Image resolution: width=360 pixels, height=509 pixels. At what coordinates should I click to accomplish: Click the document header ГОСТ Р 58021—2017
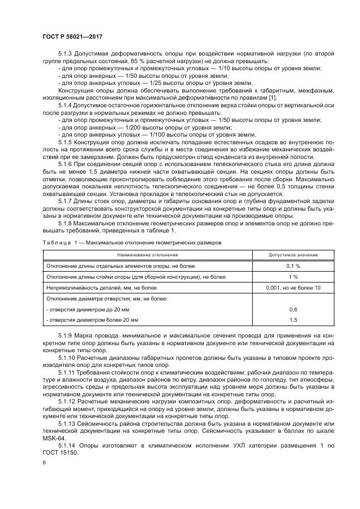(x=72, y=36)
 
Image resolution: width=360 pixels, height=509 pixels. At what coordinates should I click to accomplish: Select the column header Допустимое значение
(x=293, y=255)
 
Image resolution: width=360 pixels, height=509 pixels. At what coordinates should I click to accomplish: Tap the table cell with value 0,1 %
(x=293, y=266)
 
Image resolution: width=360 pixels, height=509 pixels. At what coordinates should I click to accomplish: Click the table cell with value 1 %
(x=293, y=277)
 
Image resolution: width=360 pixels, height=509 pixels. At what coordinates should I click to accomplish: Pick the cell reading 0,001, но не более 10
(x=293, y=287)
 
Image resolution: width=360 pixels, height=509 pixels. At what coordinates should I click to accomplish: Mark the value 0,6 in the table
(x=293, y=309)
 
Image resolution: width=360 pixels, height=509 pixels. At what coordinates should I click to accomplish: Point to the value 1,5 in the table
(x=293, y=319)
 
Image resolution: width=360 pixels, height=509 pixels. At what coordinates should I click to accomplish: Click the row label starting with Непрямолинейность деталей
(x=94, y=287)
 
